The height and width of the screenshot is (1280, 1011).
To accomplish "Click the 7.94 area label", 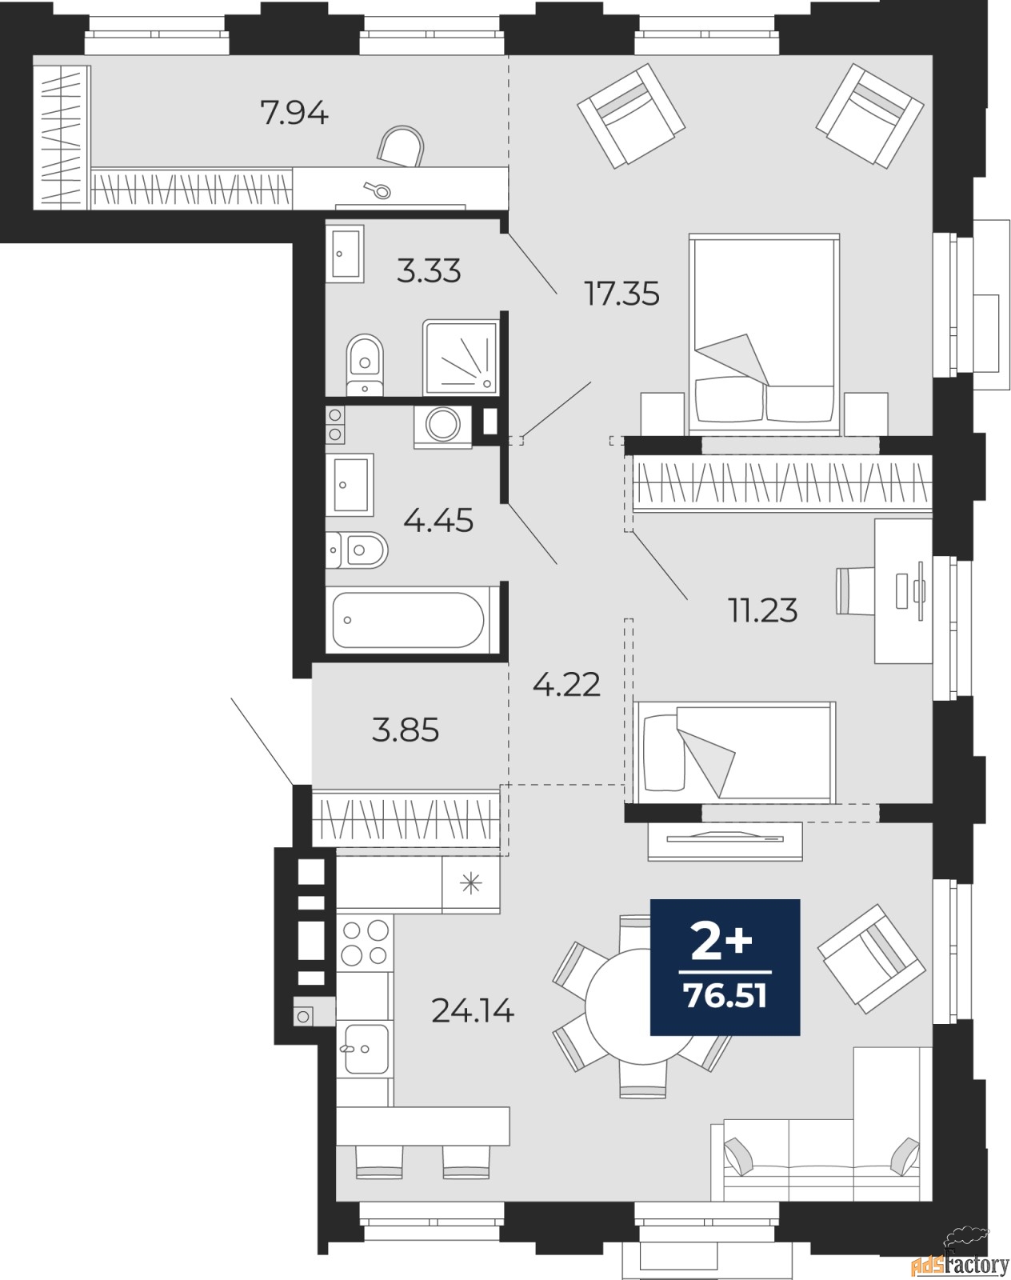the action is click(294, 113).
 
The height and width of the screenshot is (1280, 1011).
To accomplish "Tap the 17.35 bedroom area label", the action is click(622, 294).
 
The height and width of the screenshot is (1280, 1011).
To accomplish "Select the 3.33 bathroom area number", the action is click(429, 271).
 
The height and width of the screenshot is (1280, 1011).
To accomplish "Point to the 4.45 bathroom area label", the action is click(438, 521).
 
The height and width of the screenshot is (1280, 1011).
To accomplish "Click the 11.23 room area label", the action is click(763, 610).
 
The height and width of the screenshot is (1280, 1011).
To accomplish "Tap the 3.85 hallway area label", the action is click(406, 730).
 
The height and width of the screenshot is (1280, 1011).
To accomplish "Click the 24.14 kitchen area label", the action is click(473, 1010).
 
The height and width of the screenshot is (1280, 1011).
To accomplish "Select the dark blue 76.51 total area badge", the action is click(725, 967).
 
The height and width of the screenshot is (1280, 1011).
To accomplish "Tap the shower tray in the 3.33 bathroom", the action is click(460, 358).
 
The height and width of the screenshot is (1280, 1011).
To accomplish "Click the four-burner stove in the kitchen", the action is click(365, 943).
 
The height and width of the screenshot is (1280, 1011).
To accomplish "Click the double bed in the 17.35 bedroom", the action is click(764, 333).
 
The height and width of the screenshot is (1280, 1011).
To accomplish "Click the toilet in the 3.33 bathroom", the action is click(365, 364).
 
